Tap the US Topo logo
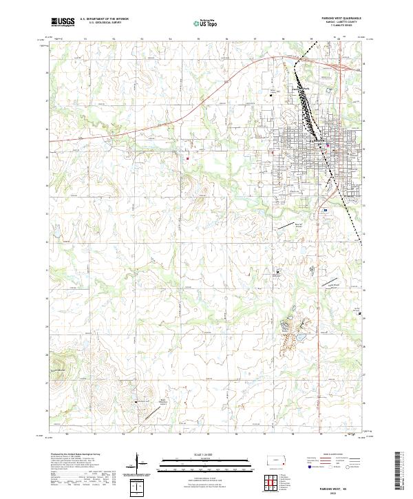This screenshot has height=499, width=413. click(199, 23)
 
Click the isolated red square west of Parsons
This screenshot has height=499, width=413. click(187, 158)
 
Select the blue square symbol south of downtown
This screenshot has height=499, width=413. click(325, 211)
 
